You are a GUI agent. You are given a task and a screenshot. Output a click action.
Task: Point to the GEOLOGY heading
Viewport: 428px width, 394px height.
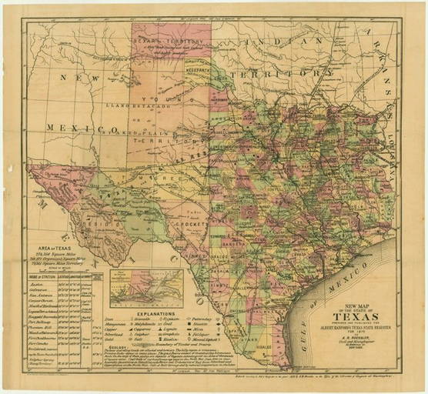[x=123, y=346]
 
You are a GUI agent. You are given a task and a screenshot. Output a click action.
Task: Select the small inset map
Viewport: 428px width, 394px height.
[x=146, y=288]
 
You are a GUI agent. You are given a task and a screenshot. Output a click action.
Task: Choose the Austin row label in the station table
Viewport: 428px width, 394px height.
[x=47, y=284]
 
